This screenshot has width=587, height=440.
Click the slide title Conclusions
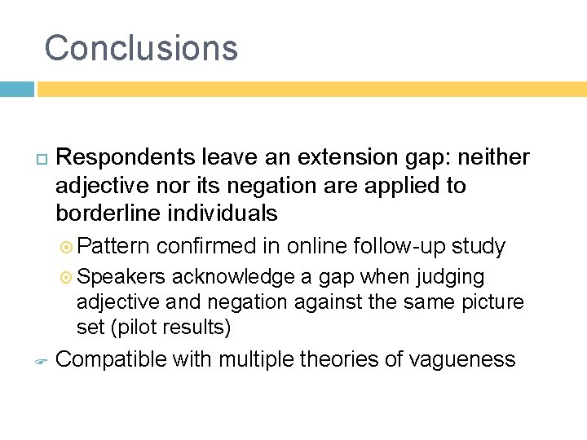pos(141,48)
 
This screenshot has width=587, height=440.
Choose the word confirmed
pos(208,246)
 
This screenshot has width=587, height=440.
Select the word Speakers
pos(121,277)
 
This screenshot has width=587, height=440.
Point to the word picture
pos(490,302)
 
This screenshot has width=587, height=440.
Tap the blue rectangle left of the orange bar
pos(16,89)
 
